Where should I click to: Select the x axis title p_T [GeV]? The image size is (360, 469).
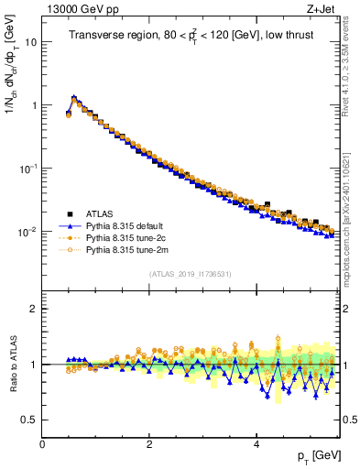point(319,455)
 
